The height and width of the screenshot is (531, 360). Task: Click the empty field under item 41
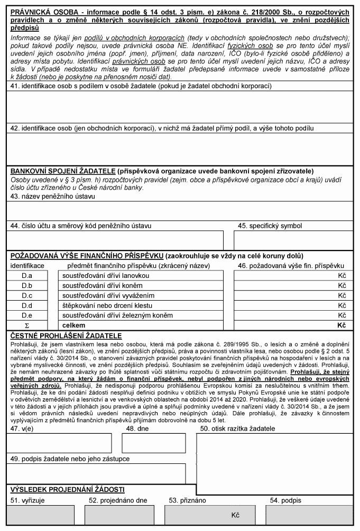coord(180,107)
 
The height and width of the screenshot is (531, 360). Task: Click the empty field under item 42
coord(180,148)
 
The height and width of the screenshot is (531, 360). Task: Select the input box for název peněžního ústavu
coord(180,210)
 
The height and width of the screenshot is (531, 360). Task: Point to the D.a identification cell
coord(26,276)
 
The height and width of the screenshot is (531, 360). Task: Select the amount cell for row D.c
coord(293,295)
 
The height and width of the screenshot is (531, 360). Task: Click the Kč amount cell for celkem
coord(293,325)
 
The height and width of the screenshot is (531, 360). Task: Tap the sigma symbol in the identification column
coord(26,325)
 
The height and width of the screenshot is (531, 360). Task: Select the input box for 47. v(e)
coord(59,443)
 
